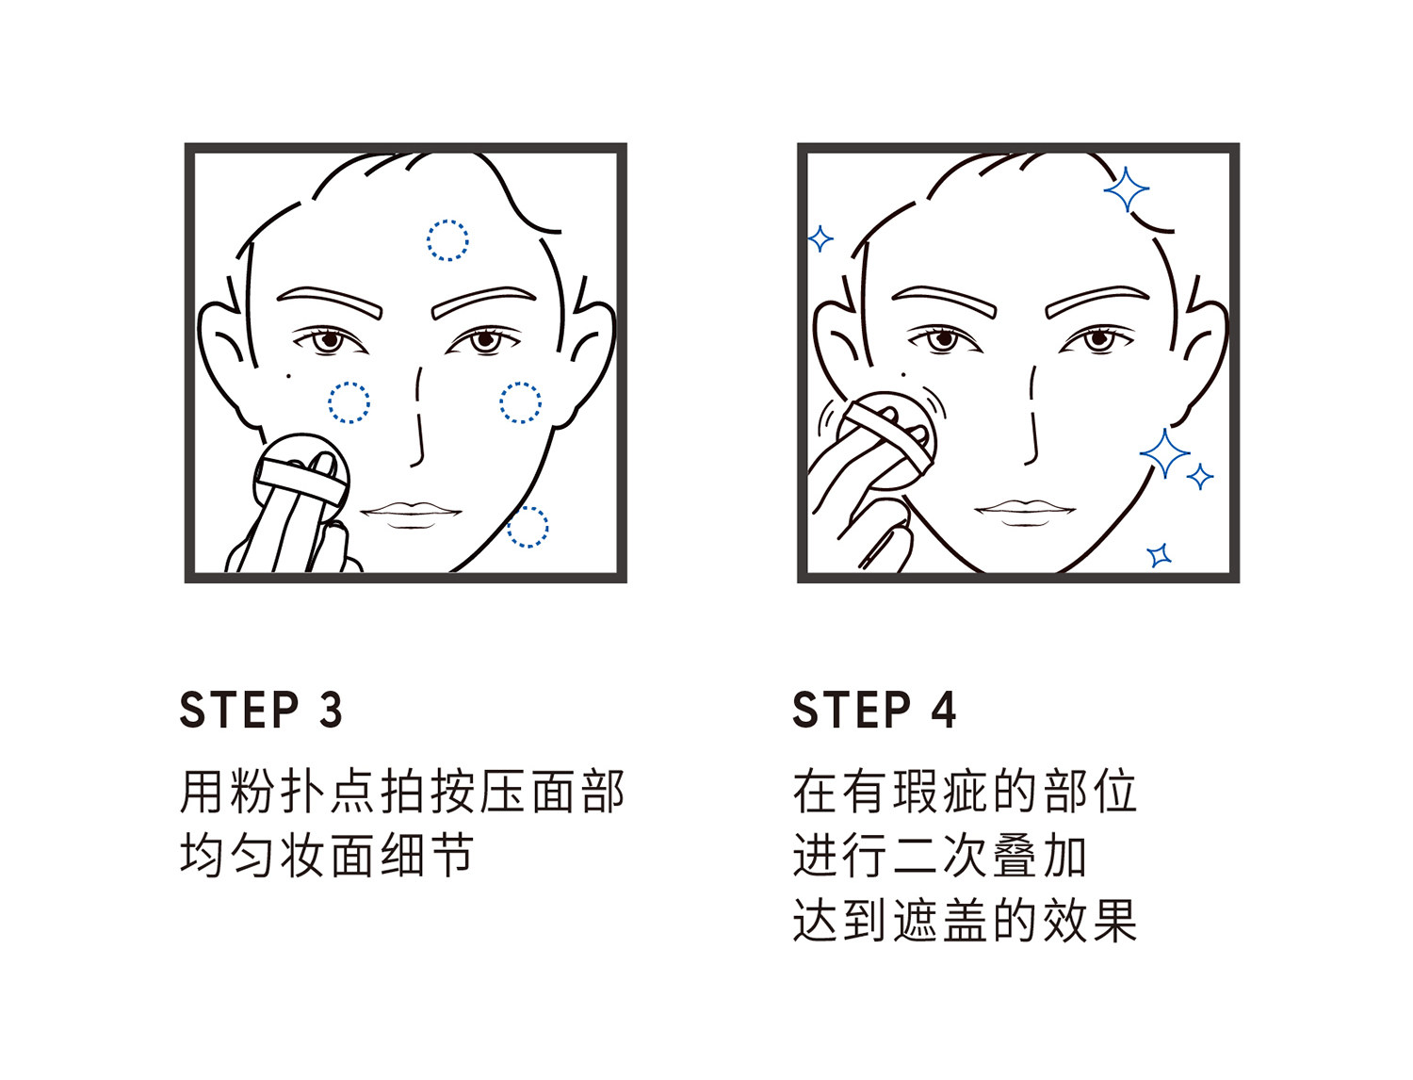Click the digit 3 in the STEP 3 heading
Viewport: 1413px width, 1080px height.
click(331, 711)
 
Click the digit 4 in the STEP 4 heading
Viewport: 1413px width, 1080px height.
click(944, 711)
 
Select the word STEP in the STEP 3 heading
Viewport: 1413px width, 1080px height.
click(239, 711)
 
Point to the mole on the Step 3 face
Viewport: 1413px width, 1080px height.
click(288, 375)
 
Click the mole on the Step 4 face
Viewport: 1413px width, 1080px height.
click(903, 374)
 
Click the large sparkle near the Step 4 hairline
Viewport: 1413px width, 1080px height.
click(1127, 189)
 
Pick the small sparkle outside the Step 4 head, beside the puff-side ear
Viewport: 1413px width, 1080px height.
click(820, 239)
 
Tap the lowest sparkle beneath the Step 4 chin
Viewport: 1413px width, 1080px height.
click(1160, 555)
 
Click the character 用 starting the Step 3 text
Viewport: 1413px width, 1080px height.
click(202, 792)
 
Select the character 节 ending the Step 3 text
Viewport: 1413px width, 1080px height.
click(452, 856)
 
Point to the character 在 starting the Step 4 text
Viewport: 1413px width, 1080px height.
click(814, 792)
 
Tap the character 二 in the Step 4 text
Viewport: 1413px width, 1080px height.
click(915, 856)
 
